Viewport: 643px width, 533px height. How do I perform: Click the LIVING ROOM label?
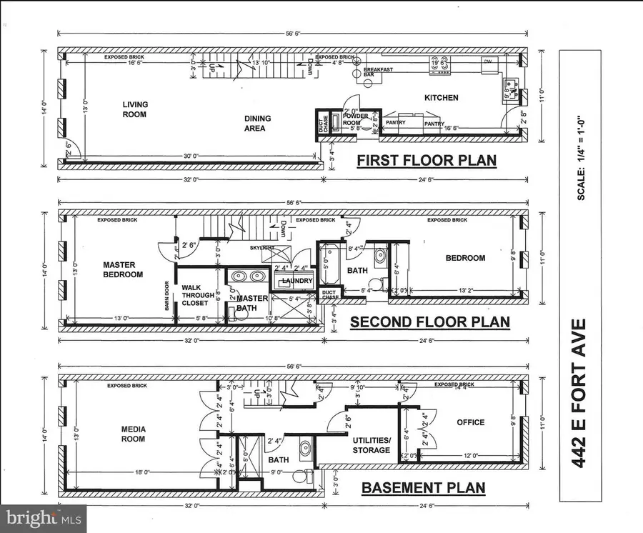pyautogui.click(x=134, y=109)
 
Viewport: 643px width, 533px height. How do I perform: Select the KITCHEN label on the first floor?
pyautogui.click(x=441, y=98)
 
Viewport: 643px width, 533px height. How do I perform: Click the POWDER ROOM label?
pyautogui.click(x=355, y=119)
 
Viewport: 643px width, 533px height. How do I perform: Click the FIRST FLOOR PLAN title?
pyautogui.click(x=427, y=160)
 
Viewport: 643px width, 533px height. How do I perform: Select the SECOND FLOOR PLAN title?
pyautogui.click(x=429, y=322)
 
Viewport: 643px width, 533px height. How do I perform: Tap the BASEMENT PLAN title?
pyautogui.click(x=423, y=489)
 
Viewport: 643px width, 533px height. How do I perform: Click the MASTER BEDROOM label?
pyautogui.click(x=122, y=269)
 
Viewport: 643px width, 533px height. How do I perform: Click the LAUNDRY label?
pyautogui.click(x=297, y=281)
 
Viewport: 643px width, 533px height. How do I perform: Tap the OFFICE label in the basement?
pyautogui.click(x=471, y=422)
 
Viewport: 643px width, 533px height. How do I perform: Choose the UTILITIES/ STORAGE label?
pyautogui.click(x=372, y=445)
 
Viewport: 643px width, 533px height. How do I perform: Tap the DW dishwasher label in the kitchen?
pyautogui.click(x=488, y=61)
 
